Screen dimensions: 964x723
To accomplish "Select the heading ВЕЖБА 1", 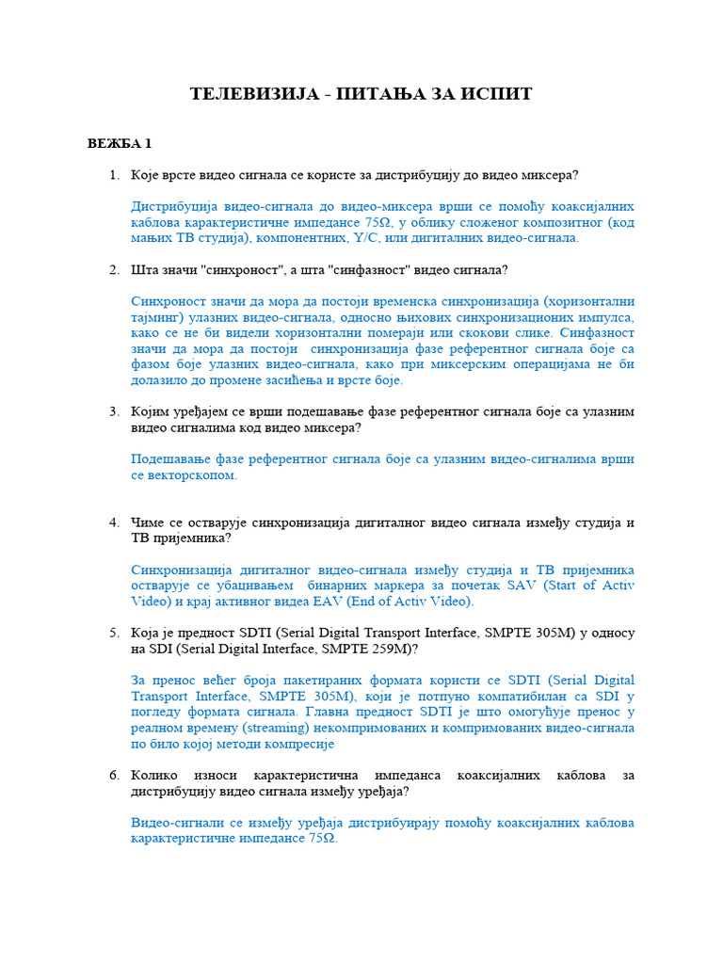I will (120, 144).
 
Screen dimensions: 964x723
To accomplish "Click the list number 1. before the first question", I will (114, 175).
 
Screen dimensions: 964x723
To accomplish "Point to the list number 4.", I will (114, 522).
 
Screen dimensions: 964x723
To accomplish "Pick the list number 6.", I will (114, 776).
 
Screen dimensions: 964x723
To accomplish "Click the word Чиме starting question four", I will (151, 522).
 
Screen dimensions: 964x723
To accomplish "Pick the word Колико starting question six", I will (156, 776).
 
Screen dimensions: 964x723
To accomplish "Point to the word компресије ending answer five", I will (297, 744).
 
